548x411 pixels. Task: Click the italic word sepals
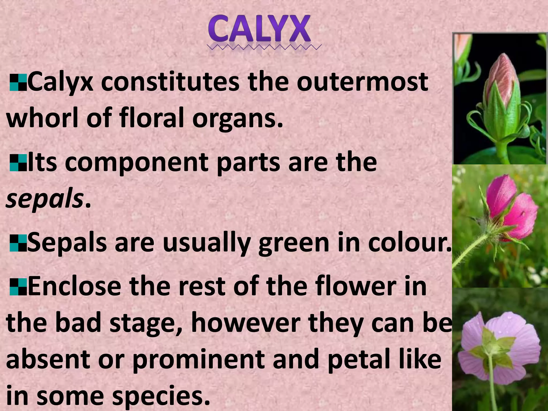click(x=44, y=200)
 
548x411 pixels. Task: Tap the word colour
click(x=409, y=243)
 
